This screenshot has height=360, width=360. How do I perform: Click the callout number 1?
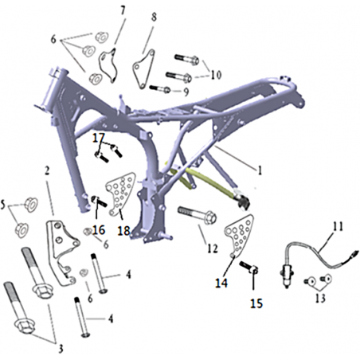[260, 170]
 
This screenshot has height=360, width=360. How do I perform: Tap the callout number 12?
[213, 248]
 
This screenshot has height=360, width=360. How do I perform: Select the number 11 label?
[338, 227]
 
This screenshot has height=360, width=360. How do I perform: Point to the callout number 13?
[320, 299]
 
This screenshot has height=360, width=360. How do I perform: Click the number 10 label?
[216, 75]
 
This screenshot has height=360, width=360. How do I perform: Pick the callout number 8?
[154, 17]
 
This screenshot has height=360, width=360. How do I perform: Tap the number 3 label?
[61, 348]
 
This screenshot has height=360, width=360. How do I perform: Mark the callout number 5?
[2, 205]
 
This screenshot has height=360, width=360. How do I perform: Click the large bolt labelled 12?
[197, 215]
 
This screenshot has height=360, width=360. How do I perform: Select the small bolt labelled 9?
[160, 88]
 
